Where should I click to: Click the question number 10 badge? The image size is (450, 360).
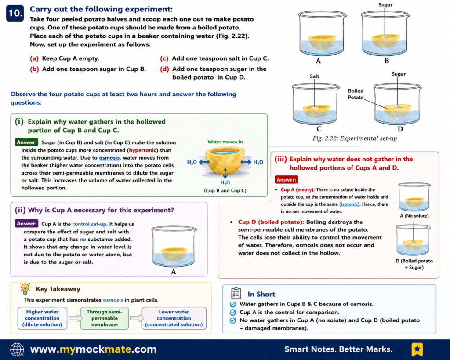(x=15, y=13)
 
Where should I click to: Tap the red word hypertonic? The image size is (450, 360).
(x=143, y=150)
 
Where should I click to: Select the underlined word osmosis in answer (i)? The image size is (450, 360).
(x=109, y=158)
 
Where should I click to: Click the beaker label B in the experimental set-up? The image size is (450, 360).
(x=387, y=61)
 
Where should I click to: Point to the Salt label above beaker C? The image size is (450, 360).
(x=314, y=76)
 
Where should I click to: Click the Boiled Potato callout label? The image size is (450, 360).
(x=356, y=94)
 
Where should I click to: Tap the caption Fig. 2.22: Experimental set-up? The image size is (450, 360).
(x=355, y=138)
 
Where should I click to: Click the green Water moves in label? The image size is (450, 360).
(x=225, y=142)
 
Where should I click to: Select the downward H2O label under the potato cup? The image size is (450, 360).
(x=225, y=182)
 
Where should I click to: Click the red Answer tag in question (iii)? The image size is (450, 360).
(x=286, y=180)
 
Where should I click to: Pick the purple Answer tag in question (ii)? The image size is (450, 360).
(x=26, y=223)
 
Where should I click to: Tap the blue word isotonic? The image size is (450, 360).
(x=349, y=204)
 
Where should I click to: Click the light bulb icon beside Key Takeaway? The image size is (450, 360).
(x=25, y=288)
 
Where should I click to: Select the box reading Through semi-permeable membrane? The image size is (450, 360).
(x=105, y=318)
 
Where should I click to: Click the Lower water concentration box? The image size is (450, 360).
(x=174, y=318)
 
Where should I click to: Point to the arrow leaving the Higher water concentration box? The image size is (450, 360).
(x=75, y=318)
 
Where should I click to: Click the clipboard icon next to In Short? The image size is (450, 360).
(x=236, y=293)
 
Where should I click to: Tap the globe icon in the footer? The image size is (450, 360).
(x=17, y=349)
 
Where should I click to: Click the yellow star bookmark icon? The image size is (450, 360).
(x=417, y=349)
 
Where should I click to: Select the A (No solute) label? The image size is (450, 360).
(x=414, y=216)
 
